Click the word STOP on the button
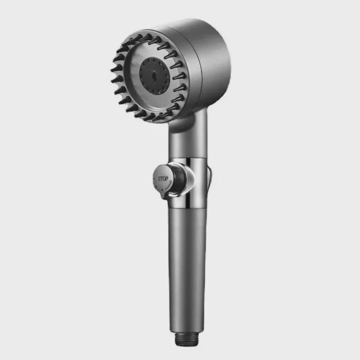(x=163, y=179)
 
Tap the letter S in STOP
(x=159, y=179)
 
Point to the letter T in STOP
(x=162, y=179)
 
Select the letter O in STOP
(x=164, y=179)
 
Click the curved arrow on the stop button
(x=168, y=184)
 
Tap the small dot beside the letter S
(x=153, y=178)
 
